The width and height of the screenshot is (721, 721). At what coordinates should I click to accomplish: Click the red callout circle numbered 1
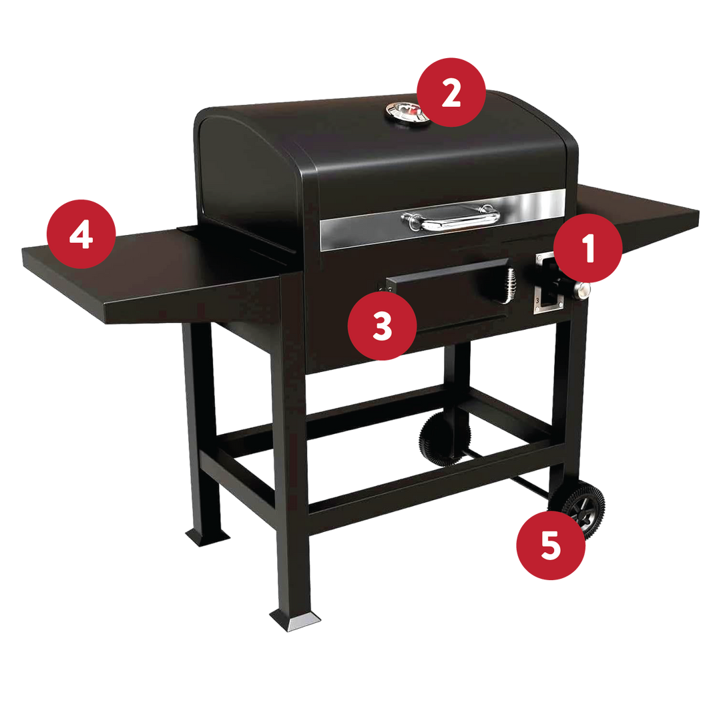(x=587, y=248)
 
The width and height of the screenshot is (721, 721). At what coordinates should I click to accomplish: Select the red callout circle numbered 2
(x=451, y=92)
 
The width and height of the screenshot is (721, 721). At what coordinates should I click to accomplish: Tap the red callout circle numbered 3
(x=382, y=326)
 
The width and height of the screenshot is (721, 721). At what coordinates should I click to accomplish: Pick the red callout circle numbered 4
(x=81, y=234)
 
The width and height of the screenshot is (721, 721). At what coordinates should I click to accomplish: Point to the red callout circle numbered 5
(x=551, y=545)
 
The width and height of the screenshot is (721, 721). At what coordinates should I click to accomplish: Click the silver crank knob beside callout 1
(x=581, y=290)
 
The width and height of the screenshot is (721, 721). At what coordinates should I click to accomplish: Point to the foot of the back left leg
(x=208, y=536)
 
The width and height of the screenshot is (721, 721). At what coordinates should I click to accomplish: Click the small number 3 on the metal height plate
(x=537, y=300)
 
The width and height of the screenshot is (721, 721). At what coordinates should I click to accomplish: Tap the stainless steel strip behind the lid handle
(x=443, y=220)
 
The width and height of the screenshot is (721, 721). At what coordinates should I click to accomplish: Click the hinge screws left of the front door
(x=385, y=289)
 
